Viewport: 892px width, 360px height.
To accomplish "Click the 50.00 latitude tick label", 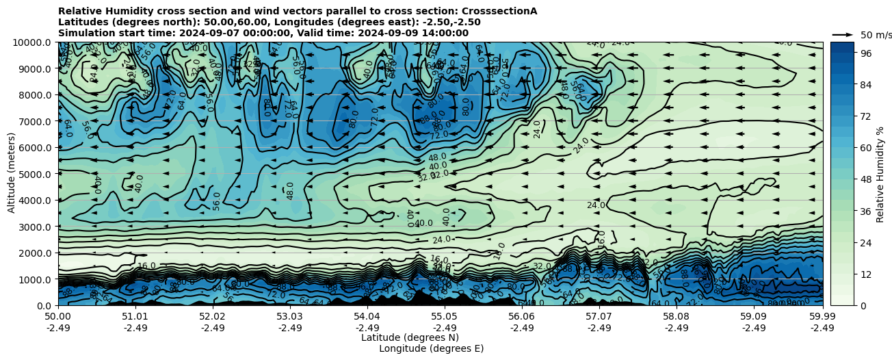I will point(58,317).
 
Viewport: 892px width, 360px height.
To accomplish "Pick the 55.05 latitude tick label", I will point(445,317).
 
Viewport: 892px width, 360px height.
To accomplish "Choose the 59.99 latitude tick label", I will point(822,317).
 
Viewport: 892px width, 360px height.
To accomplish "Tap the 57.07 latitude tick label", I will point(599,317).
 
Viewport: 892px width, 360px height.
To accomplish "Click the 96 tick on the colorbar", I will point(865,53).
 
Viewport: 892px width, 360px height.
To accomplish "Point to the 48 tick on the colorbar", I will point(865,179).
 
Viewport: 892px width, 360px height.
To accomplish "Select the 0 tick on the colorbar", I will point(863,305).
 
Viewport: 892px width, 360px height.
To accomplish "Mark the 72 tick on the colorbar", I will point(865,116).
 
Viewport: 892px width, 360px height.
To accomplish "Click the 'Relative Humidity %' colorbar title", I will point(880,174).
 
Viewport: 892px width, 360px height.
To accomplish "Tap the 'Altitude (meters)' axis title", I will point(12,174).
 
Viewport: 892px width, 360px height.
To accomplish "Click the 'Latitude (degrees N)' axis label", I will point(410,337).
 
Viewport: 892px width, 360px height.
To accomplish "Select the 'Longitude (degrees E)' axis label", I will point(431,348).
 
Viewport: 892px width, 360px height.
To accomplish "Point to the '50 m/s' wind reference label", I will point(875,35).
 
